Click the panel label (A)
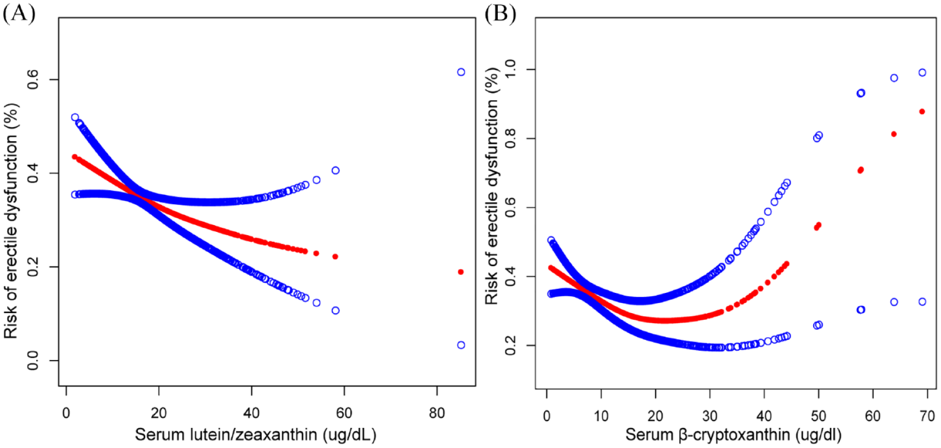pos(19,13)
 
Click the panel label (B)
pos(500,13)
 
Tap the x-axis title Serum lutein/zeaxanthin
pos(255,435)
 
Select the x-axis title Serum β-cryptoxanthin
pos(733,435)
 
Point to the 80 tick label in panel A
pos(437,413)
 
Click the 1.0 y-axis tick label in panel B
pos(511,69)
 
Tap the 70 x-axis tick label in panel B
pos(928,416)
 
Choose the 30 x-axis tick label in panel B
pos(710,416)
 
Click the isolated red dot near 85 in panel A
pos(461,272)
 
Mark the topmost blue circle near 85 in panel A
pos(461,72)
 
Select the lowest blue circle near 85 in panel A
pos(461,345)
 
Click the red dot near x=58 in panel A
pos(335,256)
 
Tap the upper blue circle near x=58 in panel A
pos(335,170)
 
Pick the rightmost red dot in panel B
pos(922,112)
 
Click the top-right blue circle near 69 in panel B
pos(922,73)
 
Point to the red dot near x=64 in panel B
pos(894,134)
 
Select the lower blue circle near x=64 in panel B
pos(894,302)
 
